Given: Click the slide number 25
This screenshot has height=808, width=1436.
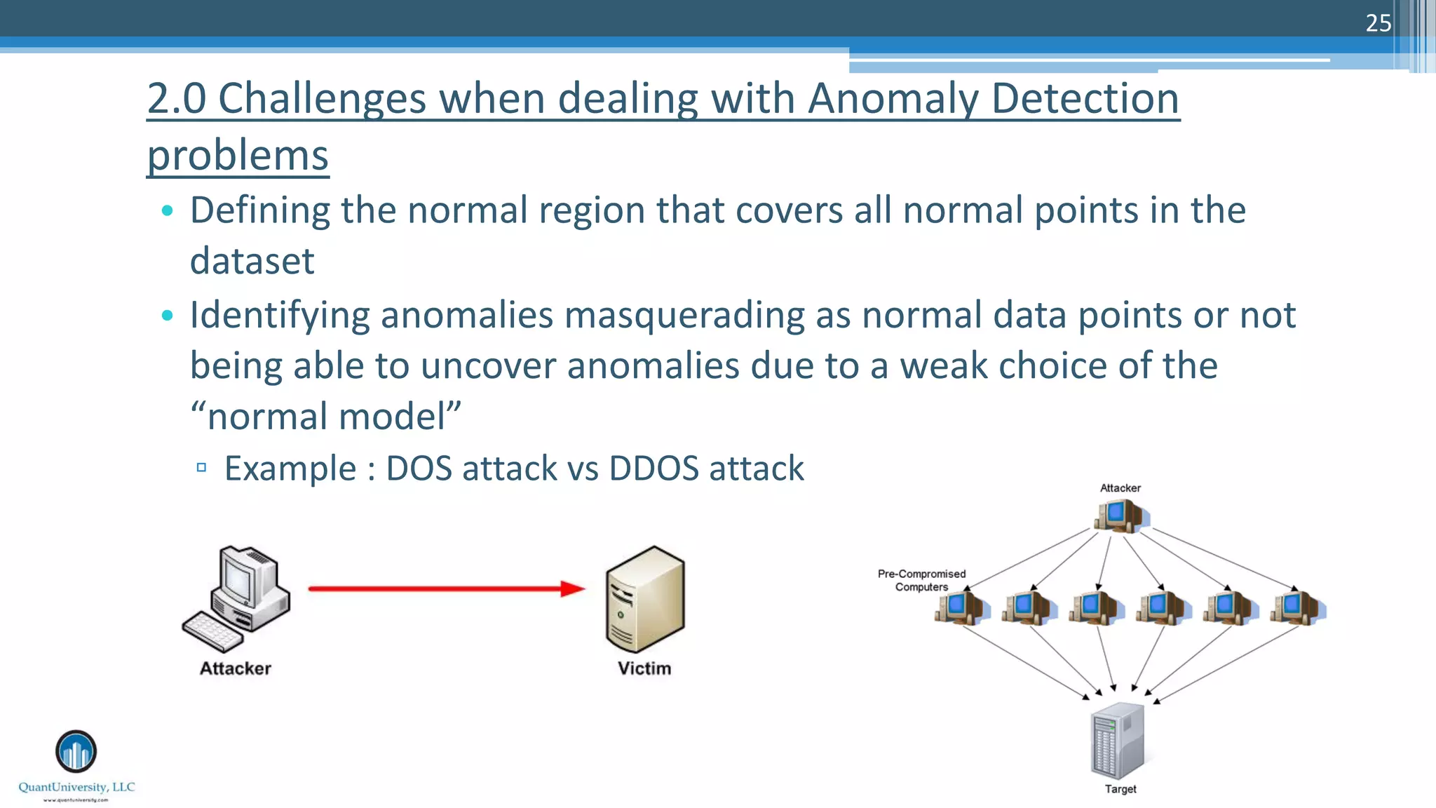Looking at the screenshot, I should [1378, 23].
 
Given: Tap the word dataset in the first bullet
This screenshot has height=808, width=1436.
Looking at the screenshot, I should [252, 261].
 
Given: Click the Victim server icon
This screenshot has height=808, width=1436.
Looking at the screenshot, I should [645, 600].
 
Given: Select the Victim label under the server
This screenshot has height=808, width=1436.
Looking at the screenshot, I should [644, 668].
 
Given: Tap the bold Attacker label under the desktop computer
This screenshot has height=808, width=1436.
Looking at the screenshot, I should [235, 668].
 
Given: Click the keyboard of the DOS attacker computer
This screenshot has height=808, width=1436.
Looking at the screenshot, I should [212, 632].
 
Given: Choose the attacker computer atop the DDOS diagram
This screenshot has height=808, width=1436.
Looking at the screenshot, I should [1120, 516].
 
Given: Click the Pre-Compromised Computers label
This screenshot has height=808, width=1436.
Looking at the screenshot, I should [921, 580].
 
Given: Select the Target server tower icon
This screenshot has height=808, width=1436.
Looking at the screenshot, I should [1118, 741].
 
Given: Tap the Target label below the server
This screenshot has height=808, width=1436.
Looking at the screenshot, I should [1120, 789].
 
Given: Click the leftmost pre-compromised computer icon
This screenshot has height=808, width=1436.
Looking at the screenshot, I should [960, 607].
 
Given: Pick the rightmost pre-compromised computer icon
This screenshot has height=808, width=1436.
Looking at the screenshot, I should [1296, 607].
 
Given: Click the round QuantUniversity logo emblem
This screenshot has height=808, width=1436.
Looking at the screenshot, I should [76, 751].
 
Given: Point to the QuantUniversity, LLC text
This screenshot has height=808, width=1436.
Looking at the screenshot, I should [76, 787].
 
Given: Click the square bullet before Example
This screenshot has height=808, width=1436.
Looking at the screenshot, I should [201, 467].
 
